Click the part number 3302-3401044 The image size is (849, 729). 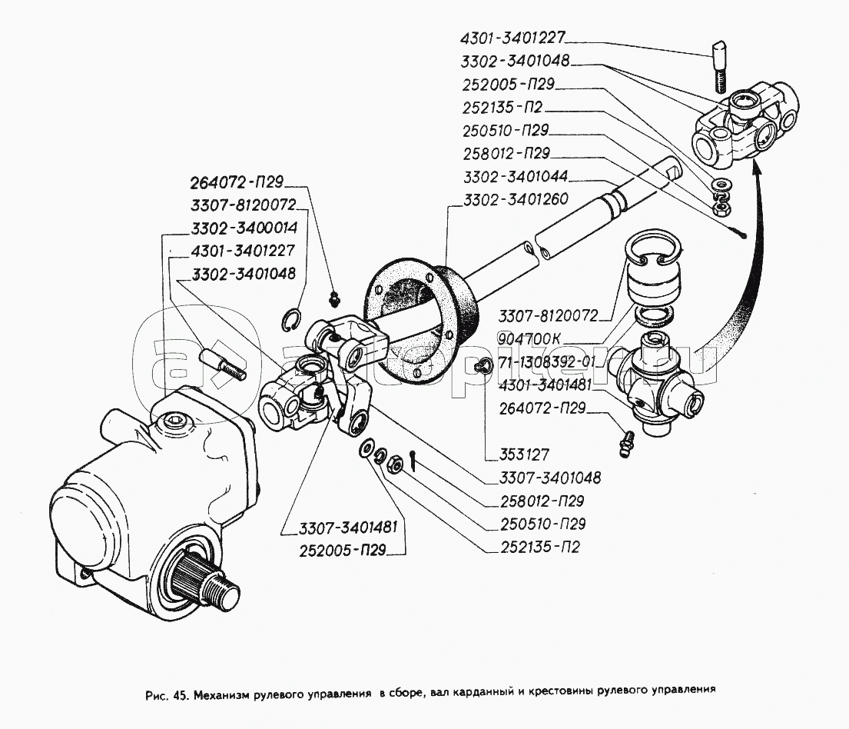coord(515,176)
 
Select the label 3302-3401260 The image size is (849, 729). coord(515,199)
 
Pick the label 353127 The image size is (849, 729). coord(510,453)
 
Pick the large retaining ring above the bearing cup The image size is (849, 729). coord(652,250)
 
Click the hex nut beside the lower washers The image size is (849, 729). coord(391,464)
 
